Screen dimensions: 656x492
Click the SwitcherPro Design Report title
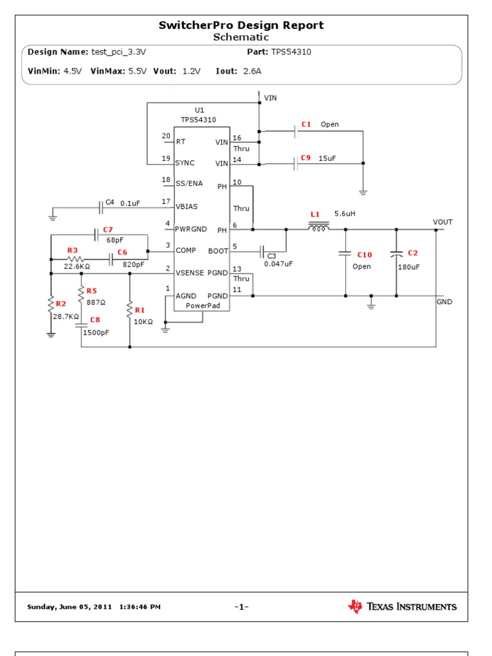(x=241, y=26)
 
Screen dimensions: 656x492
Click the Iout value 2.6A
(x=252, y=71)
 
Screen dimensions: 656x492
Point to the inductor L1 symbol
(x=319, y=227)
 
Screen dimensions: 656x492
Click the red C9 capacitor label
(x=306, y=157)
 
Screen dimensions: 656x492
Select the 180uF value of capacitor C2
(x=408, y=267)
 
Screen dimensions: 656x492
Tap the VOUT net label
(x=443, y=222)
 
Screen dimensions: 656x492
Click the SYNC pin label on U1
(x=185, y=163)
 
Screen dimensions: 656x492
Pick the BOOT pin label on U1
(x=218, y=251)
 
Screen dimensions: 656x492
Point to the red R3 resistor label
(x=72, y=250)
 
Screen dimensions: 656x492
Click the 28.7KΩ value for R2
(x=66, y=316)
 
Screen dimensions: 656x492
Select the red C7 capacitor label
(x=108, y=229)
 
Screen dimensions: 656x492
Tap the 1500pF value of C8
(x=96, y=332)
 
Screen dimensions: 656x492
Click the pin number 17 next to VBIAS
(x=166, y=201)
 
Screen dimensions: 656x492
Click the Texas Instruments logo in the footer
(x=402, y=607)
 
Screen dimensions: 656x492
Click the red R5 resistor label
(x=92, y=290)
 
